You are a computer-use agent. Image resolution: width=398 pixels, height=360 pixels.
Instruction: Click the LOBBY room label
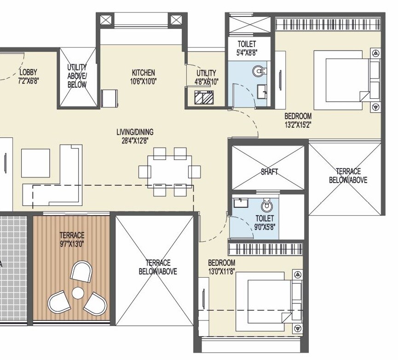pos(28,72)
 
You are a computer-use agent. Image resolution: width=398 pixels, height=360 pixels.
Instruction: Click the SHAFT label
pos(269,171)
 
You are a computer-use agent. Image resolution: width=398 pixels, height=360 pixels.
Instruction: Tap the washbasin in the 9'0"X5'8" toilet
pos(239,203)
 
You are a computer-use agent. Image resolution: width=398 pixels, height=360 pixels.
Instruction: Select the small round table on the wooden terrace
pos(78,292)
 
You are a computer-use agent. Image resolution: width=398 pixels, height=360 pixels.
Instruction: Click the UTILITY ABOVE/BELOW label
pos(77,75)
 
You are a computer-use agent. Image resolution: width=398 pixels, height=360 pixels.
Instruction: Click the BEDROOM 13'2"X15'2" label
pos(298,120)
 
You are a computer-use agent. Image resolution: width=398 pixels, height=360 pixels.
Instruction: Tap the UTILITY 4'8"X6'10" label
pos(206,77)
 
